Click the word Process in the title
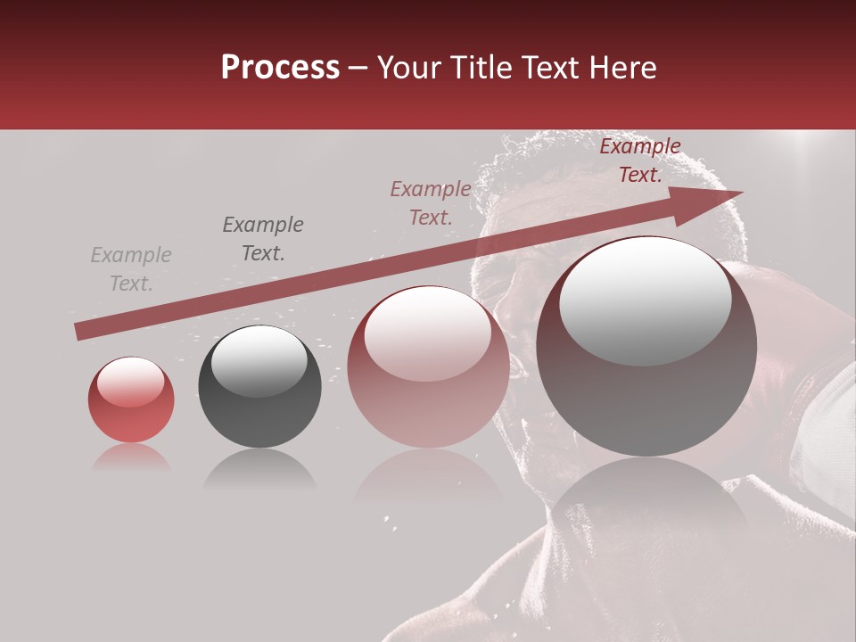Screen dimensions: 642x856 click(x=280, y=68)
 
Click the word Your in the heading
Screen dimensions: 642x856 click(x=409, y=68)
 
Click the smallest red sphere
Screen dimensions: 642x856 click(x=131, y=400)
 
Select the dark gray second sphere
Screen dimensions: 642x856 click(x=259, y=387)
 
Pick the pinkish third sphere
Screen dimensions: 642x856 click(x=428, y=367)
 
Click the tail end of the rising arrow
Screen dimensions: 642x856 click(x=78, y=331)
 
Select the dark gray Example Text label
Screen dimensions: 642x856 click(x=263, y=239)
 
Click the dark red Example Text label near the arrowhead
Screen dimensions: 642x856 click(x=640, y=160)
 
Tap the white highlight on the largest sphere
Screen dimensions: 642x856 click(x=646, y=299)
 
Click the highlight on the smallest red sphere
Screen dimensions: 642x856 click(x=130, y=382)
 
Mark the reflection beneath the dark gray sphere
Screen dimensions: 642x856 click(x=259, y=469)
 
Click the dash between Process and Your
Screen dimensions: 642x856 click(x=358, y=68)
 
